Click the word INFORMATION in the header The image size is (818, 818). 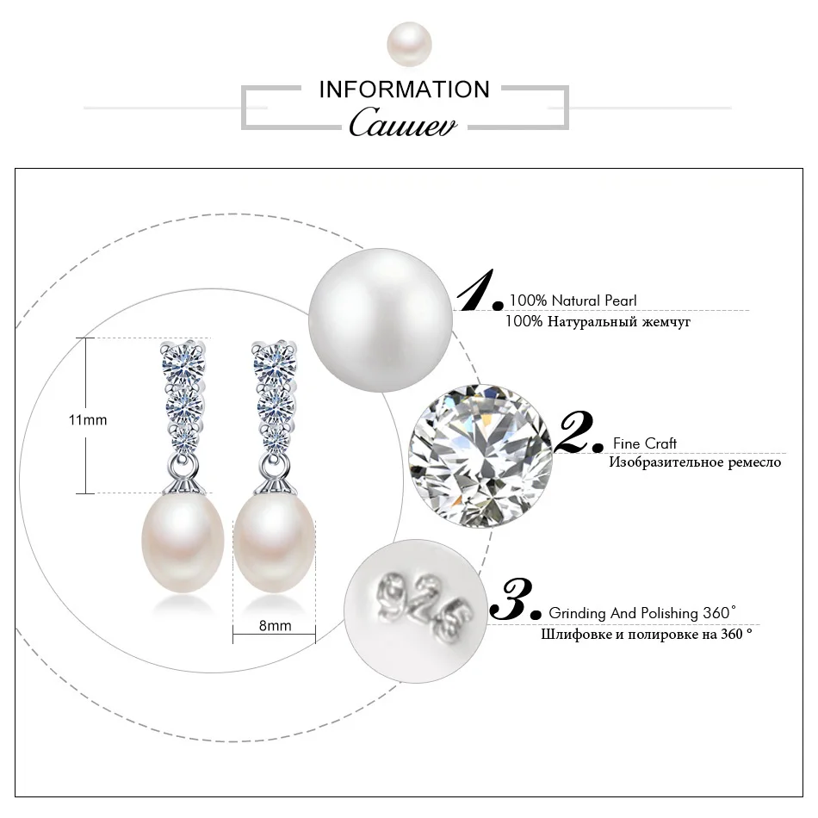coord(404,90)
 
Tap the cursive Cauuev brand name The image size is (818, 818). coord(403,122)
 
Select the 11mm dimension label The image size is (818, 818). coord(88,419)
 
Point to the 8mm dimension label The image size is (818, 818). coord(275,626)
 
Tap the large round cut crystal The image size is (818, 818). coord(479,454)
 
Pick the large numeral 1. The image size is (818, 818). coord(479,291)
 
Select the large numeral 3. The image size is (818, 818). coord(514,599)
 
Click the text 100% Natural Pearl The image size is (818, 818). coord(573,301)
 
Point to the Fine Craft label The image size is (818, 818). coord(645,443)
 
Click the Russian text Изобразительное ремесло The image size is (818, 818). coord(695,463)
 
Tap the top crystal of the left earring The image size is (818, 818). coord(183,360)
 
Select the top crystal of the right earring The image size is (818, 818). coord(275,360)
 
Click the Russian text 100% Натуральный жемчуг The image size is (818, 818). coord(598,322)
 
